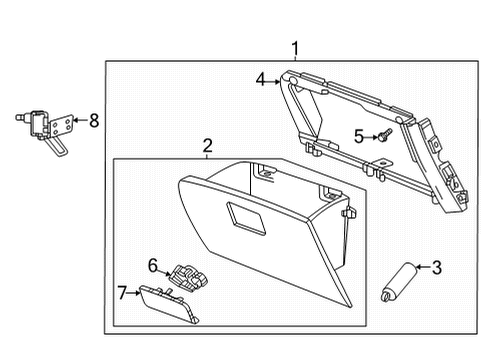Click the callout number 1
(294, 47)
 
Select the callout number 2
(207, 146)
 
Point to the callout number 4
(260, 78)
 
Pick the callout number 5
(358, 135)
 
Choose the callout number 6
(153, 264)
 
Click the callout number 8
(94, 121)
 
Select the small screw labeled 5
(384, 135)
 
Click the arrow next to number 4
(273, 79)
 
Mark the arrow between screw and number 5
(370, 135)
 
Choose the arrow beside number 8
(82, 121)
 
